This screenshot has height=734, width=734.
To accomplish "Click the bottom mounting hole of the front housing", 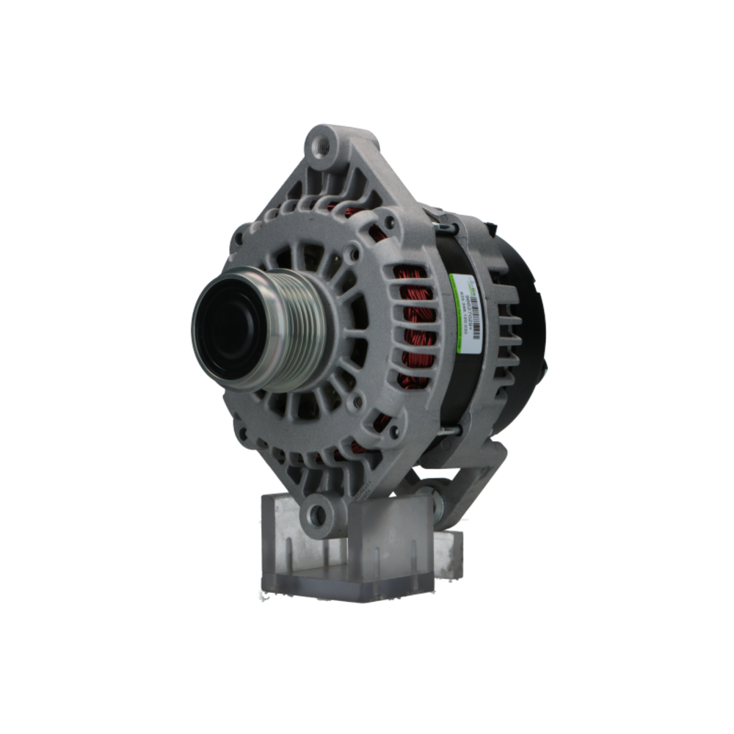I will tap(318, 515).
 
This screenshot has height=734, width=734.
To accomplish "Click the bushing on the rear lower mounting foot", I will tap(438, 504).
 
